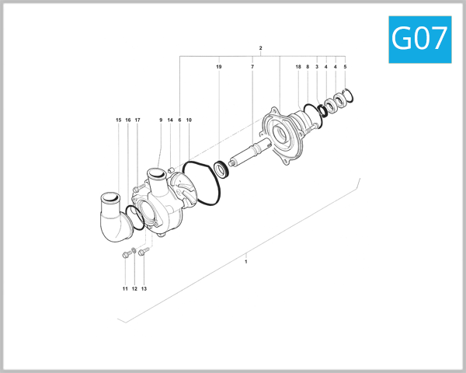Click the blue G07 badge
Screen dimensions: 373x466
tap(419, 39)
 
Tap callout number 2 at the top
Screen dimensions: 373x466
tap(260, 48)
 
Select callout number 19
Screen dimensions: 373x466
tap(219, 68)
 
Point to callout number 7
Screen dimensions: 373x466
tap(252, 68)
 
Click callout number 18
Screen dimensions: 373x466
tap(298, 68)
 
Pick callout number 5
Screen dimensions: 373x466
tap(345, 68)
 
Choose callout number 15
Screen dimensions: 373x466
tap(119, 120)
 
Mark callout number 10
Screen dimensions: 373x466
tap(189, 120)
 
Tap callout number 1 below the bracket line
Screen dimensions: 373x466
tap(245, 262)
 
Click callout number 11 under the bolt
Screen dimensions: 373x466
tap(124, 288)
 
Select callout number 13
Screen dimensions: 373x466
tap(144, 288)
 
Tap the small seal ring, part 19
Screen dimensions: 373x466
tap(221, 166)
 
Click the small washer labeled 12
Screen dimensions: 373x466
tap(134, 250)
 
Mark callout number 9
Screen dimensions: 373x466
tap(161, 120)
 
